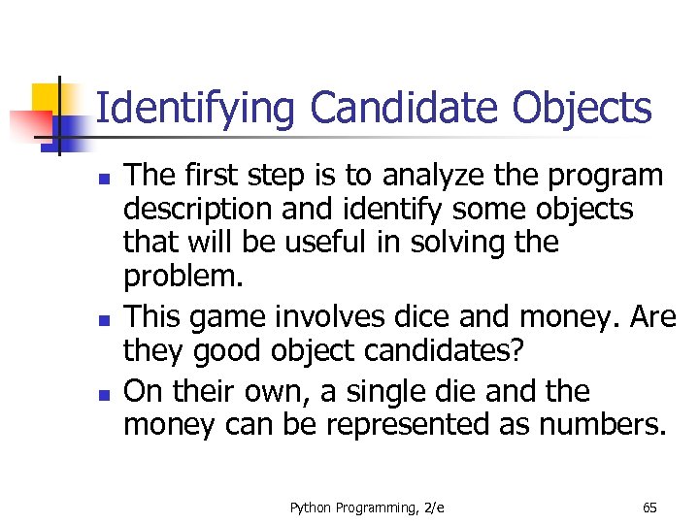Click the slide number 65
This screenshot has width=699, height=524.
tap(650, 508)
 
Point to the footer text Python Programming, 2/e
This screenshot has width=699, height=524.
tap(367, 508)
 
